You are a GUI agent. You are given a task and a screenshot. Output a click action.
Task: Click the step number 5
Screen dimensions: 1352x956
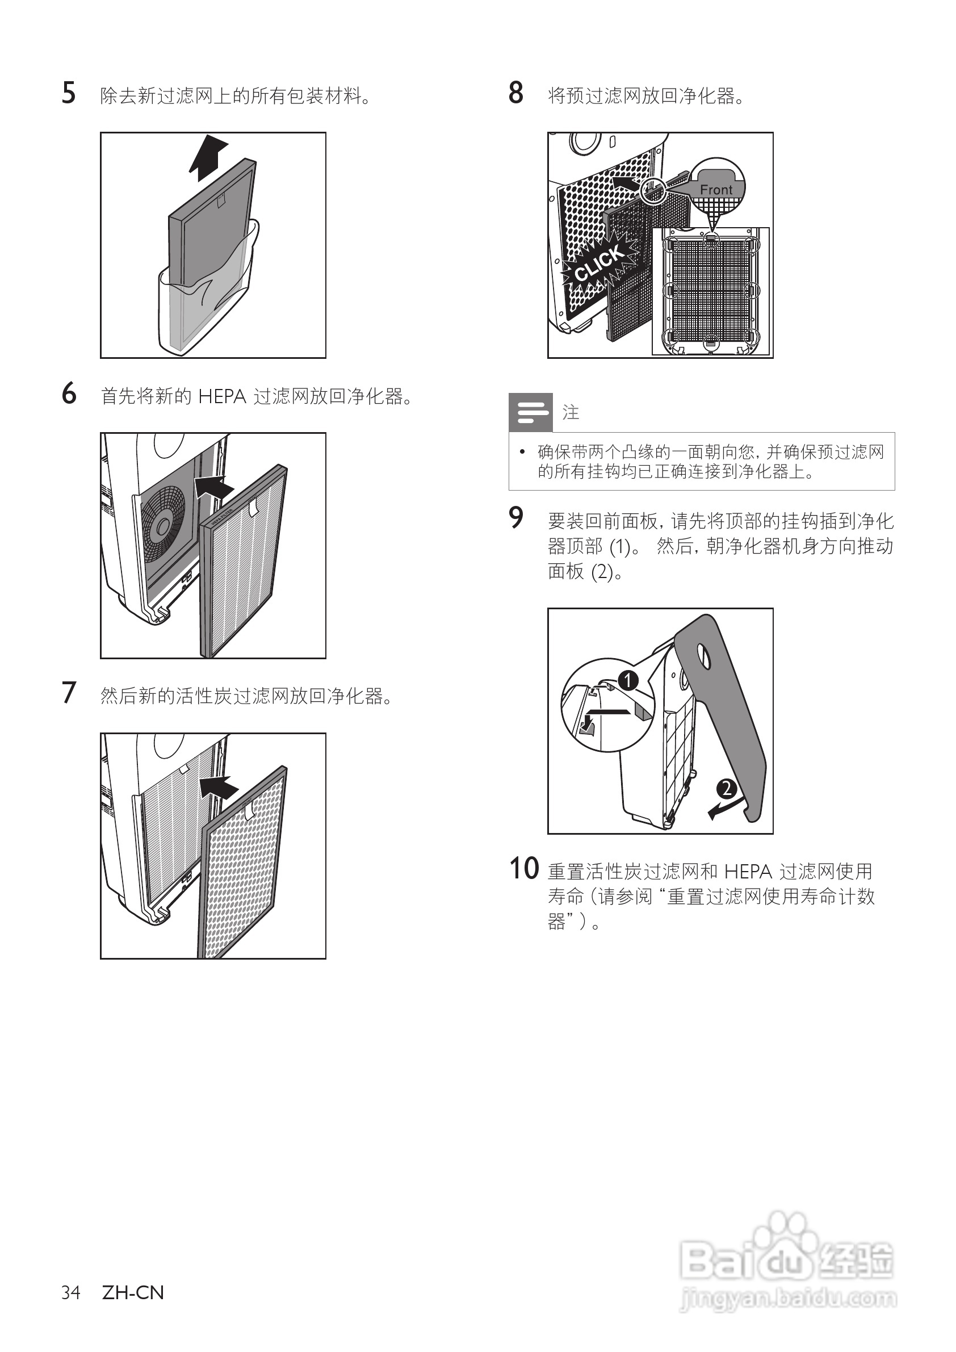pyautogui.click(x=69, y=94)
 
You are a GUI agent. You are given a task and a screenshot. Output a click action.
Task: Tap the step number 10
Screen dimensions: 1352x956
pyautogui.click(x=523, y=869)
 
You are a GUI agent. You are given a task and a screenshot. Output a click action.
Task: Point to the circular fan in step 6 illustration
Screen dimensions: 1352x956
pyautogui.click(x=162, y=518)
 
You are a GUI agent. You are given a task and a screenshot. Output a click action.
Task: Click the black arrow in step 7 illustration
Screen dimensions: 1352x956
pyautogui.click(x=219, y=786)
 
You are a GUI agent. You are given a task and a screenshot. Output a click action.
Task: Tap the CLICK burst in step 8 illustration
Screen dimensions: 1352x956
pyautogui.click(x=599, y=263)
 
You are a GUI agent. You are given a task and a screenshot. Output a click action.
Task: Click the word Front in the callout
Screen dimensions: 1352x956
pyautogui.click(x=716, y=190)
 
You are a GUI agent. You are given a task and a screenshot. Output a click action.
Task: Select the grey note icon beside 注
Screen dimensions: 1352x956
pyautogui.click(x=530, y=412)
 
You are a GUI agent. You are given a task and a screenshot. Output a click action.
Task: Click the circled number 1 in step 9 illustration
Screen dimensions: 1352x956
pyautogui.click(x=628, y=681)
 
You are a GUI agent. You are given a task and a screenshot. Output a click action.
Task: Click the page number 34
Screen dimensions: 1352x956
pyautogui.click(x=70, y=1292)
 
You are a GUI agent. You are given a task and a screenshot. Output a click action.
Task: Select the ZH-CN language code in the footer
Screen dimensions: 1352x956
pyautogui.click(x=133, y=1292)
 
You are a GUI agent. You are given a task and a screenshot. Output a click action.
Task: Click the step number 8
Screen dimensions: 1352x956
pyautogui.click(x=515, y=94)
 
